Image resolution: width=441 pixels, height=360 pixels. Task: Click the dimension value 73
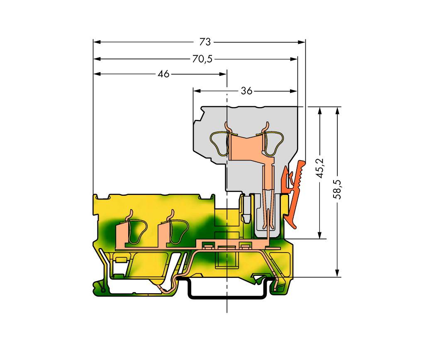click(x=205, y=42)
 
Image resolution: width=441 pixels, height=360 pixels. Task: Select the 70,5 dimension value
click(x=202, y=59)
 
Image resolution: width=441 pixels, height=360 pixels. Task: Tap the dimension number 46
click(x=163, y=74)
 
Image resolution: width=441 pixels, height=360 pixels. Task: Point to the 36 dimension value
click(x=247, y=91)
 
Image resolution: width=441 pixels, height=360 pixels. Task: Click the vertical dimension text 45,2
click(x=320, y=168)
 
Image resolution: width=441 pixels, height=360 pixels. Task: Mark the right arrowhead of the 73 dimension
click(x=302, y=42)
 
